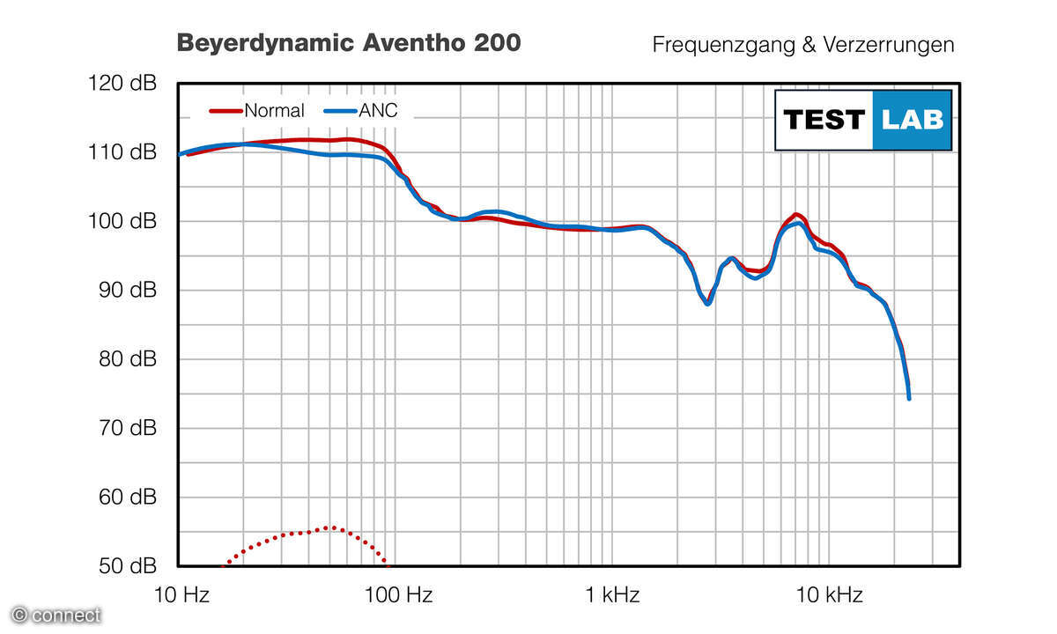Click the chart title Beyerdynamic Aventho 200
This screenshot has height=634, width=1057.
[x=349, y=43]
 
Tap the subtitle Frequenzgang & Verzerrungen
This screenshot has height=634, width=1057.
[x=802, y=45]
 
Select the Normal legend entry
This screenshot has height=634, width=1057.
[x=257, y=111]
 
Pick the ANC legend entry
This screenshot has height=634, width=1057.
[x=362, y=111]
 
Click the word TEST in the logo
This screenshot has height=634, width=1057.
[x=824, y=120]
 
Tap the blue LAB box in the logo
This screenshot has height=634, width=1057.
[x=912, y=120]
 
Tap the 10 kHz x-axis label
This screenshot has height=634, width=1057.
[x=829, y=594]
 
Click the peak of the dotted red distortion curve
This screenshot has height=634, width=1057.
[x=329, y=527]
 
